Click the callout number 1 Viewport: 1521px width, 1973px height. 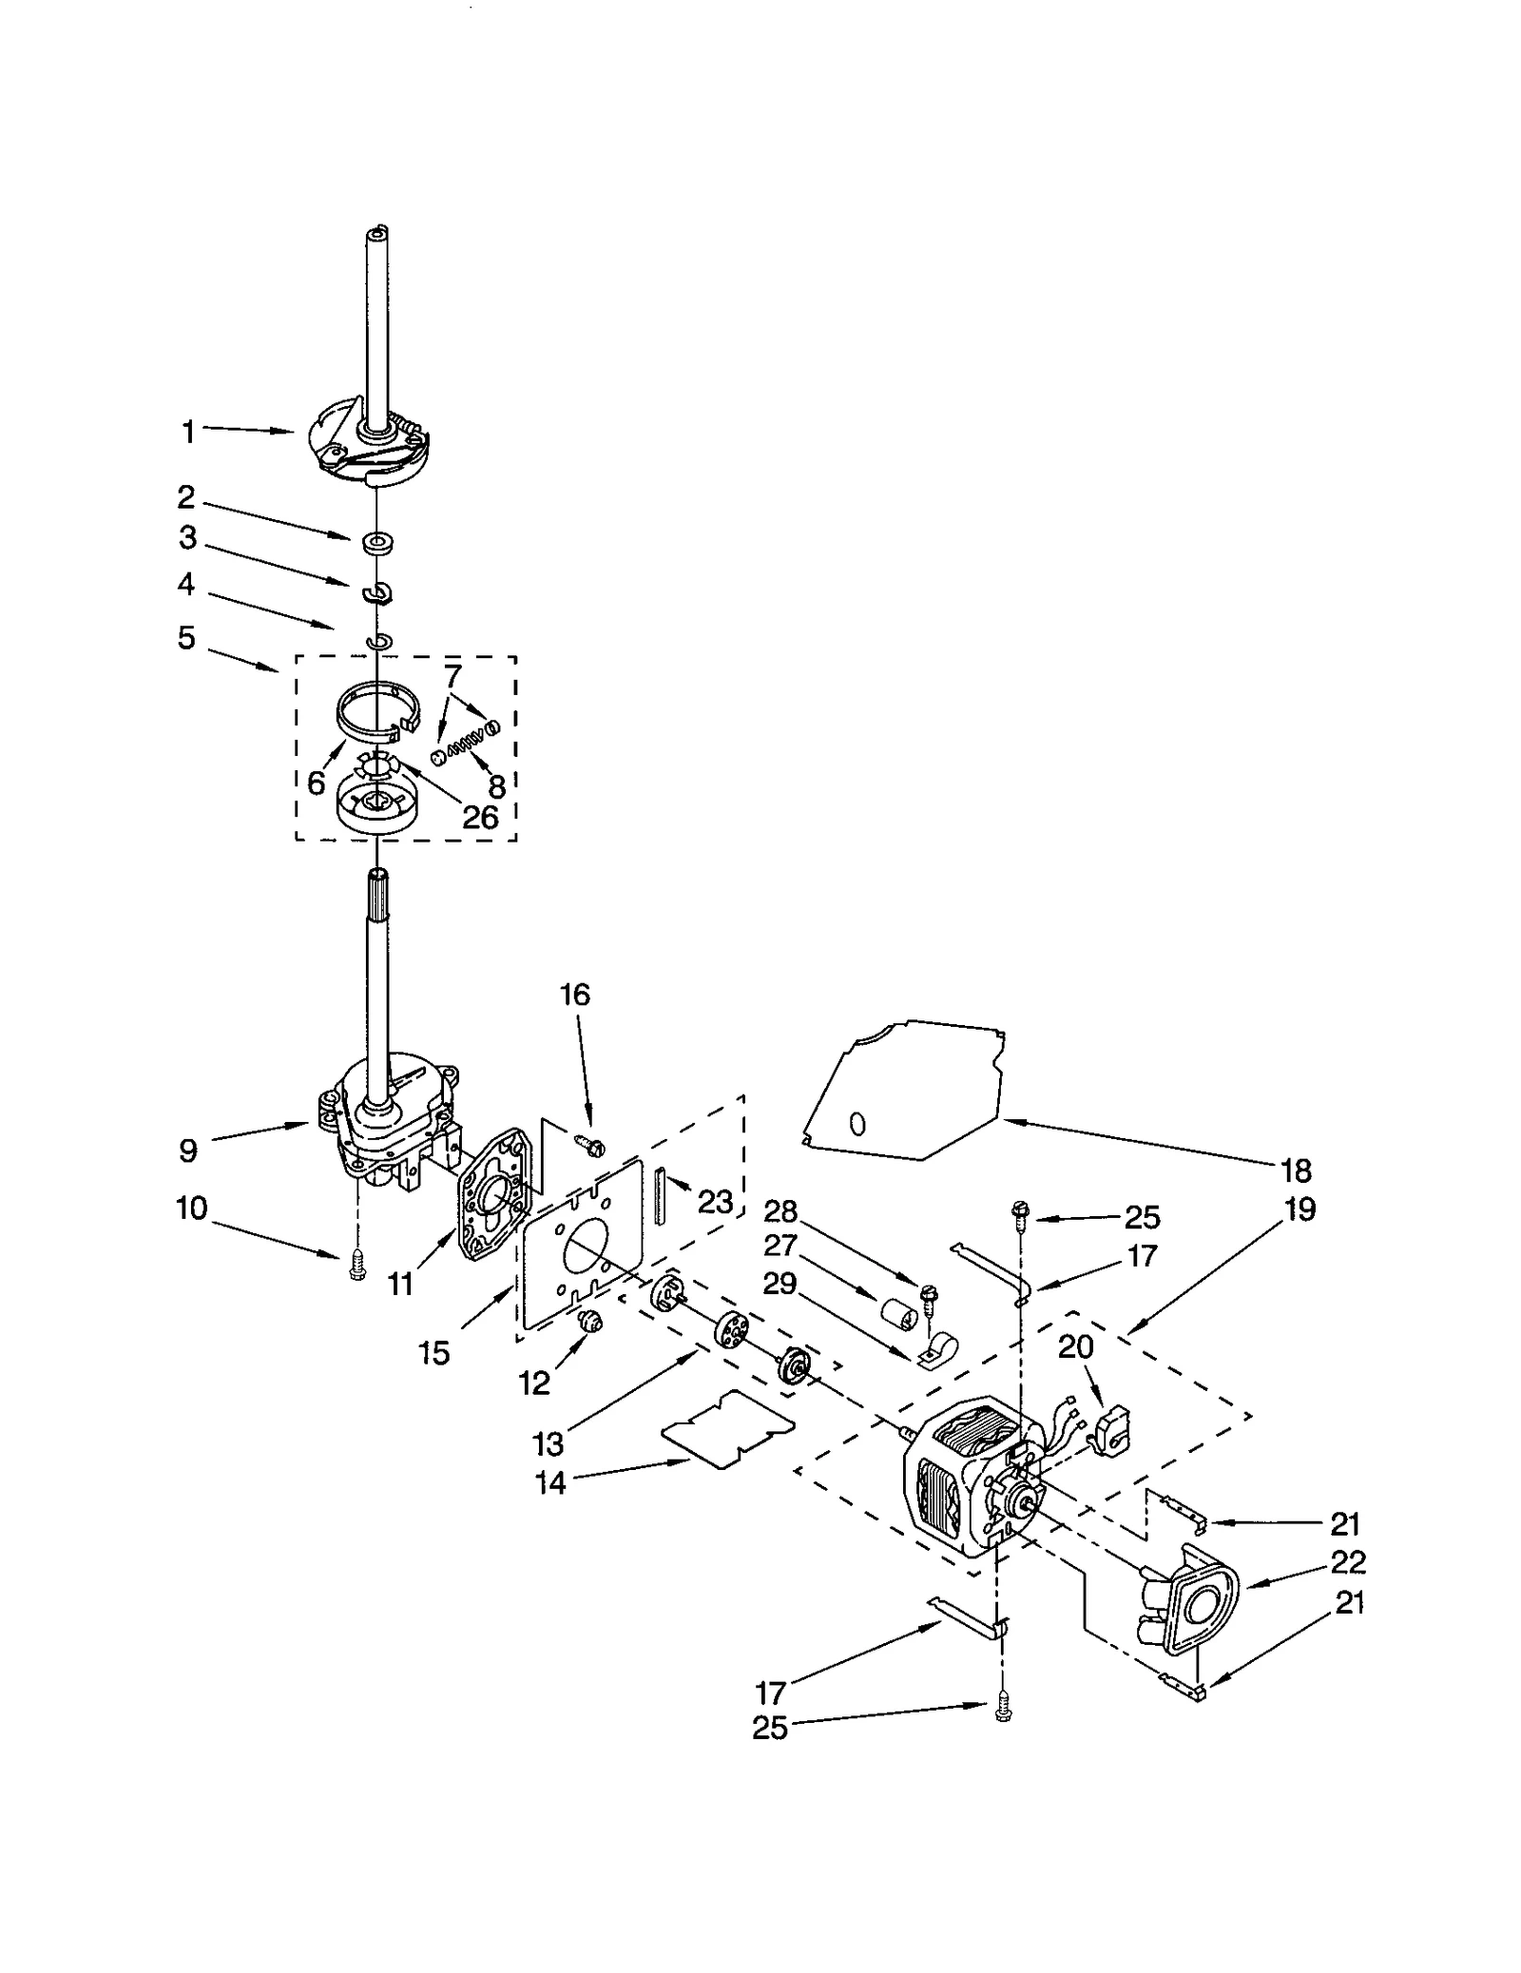coord(187,432)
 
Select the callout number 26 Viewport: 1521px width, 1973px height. coord(481,817)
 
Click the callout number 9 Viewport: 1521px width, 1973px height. coord(188,1151)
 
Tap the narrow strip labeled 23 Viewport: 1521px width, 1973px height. coord(656,1194)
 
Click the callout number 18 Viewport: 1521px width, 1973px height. coord(1297,1170)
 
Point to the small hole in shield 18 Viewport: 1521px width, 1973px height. coord(857,1125)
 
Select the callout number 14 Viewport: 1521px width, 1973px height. coord(550,1482)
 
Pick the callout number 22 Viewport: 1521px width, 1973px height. coord(1348,1562)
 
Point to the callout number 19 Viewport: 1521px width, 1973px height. coord(1300,1209)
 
